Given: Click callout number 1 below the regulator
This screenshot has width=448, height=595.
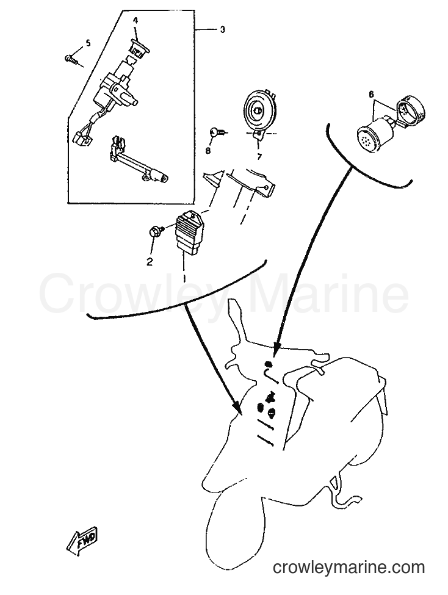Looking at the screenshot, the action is [184, 278].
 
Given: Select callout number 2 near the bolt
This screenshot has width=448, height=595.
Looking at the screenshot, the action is [150, 261].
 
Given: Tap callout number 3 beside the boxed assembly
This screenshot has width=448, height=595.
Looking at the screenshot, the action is [223, 29].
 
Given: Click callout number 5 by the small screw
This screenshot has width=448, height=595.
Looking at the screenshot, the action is [88, 43].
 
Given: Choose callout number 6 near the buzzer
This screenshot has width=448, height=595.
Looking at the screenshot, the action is [371, 94].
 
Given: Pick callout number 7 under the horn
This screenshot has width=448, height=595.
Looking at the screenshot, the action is [259, 156].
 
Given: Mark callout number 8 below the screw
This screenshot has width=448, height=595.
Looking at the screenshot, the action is [208, 151].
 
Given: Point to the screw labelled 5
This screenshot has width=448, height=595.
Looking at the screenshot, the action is [73, 60].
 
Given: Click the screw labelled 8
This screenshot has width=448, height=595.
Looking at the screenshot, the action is [217, 132].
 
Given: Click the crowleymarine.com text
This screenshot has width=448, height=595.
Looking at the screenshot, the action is [349, 568].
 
